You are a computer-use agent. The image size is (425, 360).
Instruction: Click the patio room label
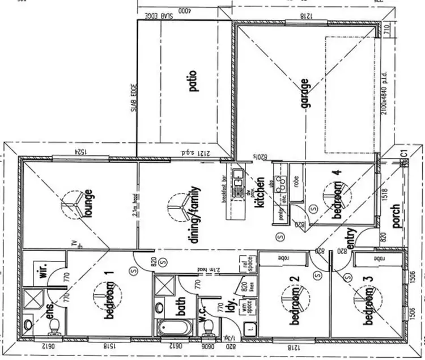coord(193,81)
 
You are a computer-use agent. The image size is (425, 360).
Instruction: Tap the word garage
coord(305,94)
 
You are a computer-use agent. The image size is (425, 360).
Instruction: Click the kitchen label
coord(260,193)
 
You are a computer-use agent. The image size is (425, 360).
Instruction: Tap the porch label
coord(396,215)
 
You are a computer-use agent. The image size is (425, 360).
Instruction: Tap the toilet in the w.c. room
coord(207,327)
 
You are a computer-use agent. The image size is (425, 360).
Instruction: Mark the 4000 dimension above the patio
coord(185,11)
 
